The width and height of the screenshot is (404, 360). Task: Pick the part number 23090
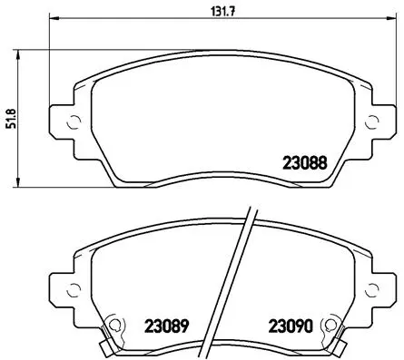click(x=291, y=324)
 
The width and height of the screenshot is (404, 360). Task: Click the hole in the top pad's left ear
click(x=65, y=122)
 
